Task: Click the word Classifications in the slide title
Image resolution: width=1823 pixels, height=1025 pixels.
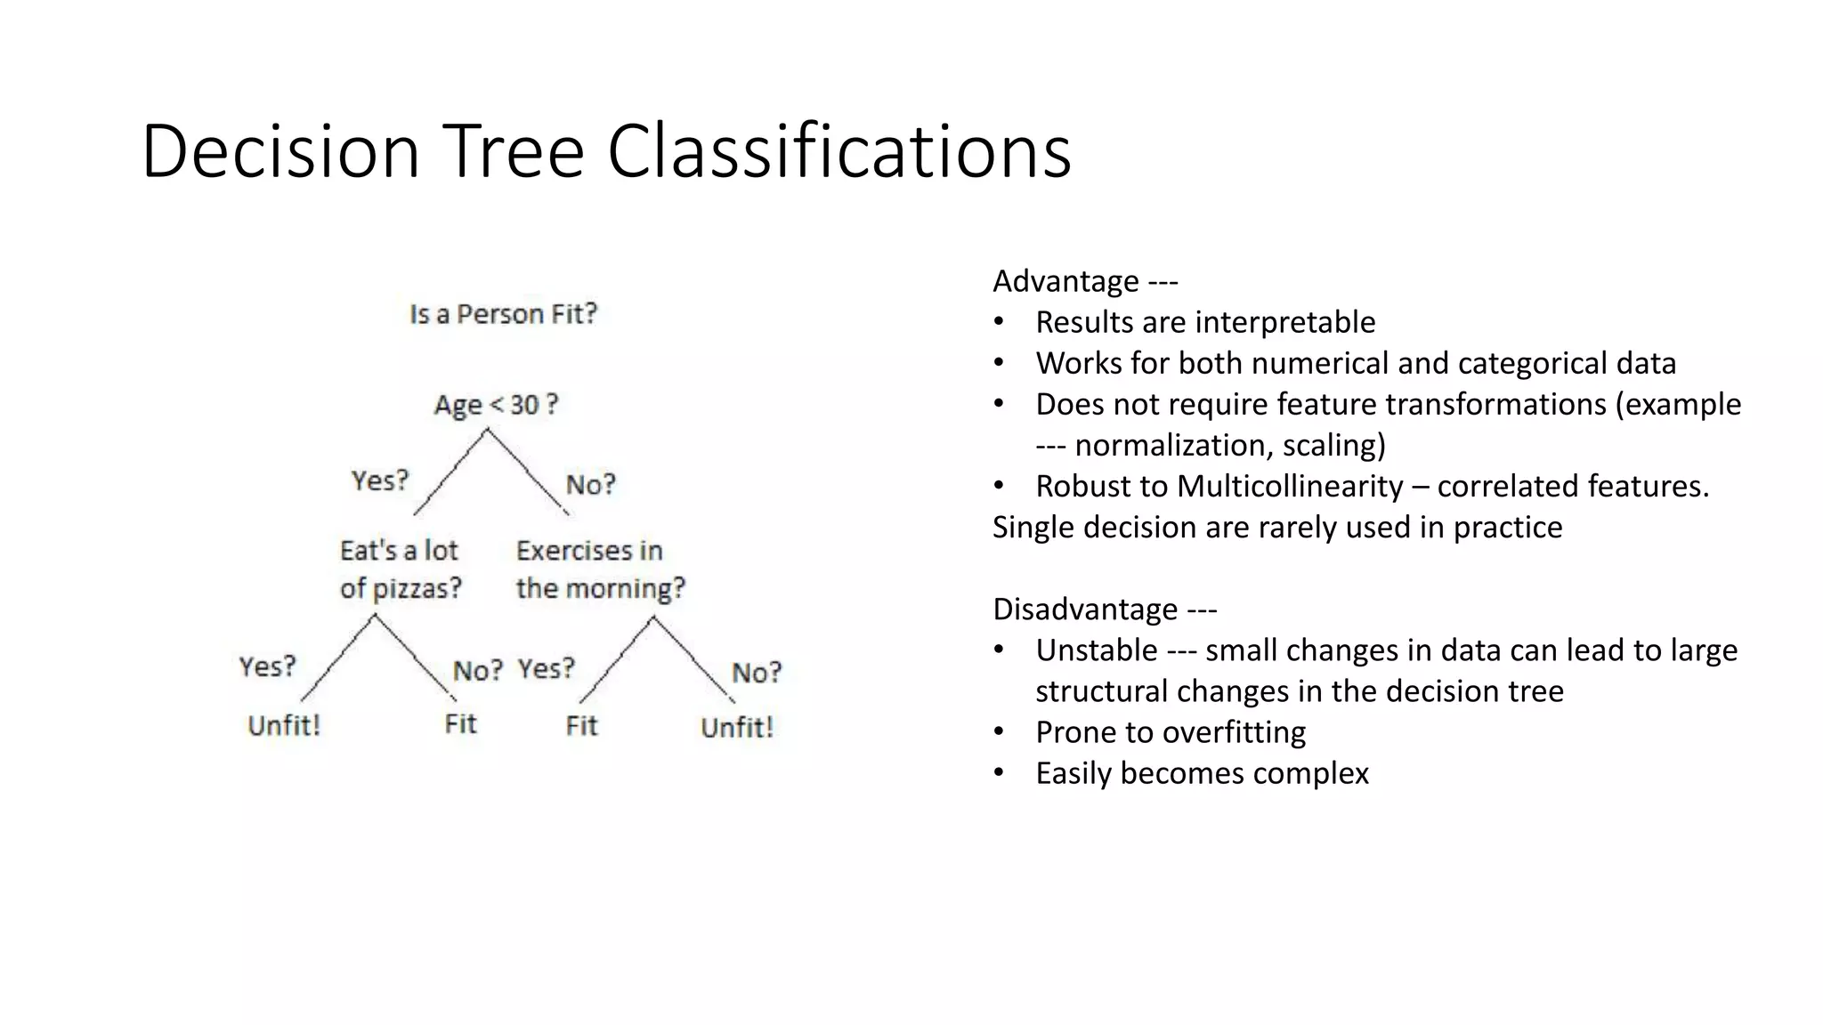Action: tap(839, 151)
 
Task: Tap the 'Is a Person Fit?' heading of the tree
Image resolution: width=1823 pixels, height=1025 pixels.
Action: tap(503, 314)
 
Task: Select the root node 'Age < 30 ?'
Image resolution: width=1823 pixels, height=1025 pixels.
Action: tap(496, 405)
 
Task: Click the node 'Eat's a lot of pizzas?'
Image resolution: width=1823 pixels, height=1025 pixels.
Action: tap(400, 569)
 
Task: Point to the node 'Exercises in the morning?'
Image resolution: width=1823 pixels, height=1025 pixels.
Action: tap(600, 569)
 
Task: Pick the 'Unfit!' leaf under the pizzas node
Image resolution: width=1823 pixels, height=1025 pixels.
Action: tap(283, 726)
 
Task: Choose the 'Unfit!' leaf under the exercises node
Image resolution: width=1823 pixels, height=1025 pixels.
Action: tap(736, 728)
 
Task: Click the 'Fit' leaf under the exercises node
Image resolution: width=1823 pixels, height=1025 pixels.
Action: tap(581, 726)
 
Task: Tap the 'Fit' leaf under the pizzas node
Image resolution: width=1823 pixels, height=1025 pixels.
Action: tap(460, 724)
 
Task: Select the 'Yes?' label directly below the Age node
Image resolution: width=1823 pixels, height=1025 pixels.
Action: tap(380, 480)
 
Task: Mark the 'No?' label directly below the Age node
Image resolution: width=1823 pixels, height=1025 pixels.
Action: tap(590, 485)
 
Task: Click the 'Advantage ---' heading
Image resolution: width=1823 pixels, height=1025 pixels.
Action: tap(1084, 281)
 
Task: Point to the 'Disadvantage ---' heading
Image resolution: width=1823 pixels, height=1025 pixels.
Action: tap(1104, 609)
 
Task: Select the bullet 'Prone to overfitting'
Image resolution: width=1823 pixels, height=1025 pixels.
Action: tap(1170, 732)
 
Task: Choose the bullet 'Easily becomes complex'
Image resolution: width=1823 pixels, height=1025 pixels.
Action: tap(1201, 773)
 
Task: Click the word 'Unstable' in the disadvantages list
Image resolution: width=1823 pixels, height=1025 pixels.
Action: tap(1096, 650)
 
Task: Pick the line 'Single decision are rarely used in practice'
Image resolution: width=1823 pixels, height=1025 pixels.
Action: tap(1276, 527)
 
